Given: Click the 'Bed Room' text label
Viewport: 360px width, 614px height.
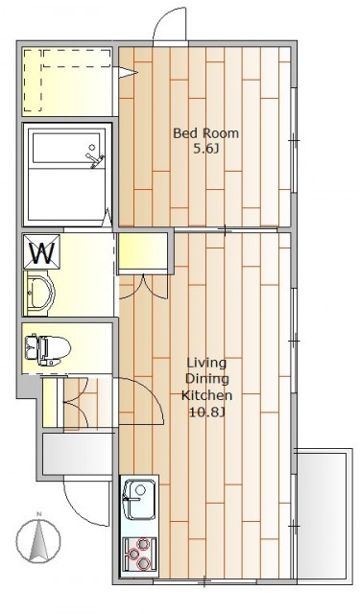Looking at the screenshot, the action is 205,133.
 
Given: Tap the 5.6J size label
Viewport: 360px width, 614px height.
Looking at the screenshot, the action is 206,150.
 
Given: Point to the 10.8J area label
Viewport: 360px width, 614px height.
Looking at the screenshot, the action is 206,413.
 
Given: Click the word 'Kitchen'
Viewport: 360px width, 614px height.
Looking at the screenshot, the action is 206,395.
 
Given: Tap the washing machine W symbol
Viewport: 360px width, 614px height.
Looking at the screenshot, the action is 42,251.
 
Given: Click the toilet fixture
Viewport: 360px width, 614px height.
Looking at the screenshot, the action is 47,348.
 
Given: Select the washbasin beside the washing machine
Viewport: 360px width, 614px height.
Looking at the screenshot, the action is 39,293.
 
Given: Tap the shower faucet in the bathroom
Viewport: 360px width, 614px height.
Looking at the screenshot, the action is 95,157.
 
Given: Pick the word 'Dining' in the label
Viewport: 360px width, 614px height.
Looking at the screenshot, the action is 206,379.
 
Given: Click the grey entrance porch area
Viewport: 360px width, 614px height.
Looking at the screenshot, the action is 78,454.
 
